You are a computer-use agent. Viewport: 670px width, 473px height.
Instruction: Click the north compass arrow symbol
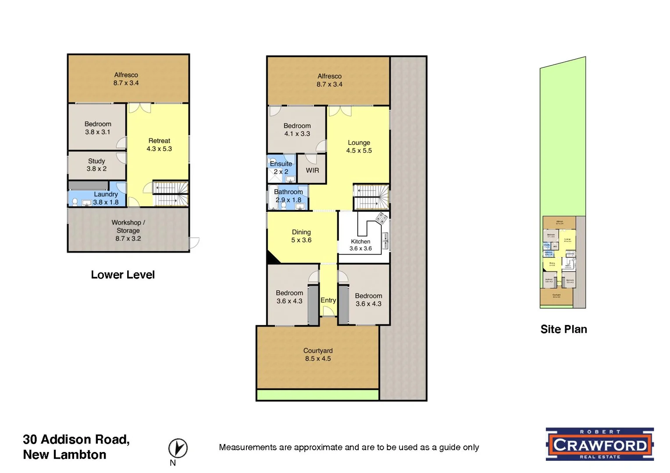[x=178, y=448]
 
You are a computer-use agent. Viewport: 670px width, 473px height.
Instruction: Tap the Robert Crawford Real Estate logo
[x=599, y=444]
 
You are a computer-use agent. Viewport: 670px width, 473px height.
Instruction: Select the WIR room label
[x=312, y=170]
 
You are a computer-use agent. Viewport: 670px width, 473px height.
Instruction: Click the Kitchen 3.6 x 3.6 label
[x=360, y=245]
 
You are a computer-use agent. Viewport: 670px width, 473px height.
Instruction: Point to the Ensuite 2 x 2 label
[x=281, y=167]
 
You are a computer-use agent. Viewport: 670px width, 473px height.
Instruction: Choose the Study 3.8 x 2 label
[x=96, y=165]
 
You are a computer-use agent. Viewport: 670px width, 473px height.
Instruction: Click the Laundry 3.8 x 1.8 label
[x=106, y=198]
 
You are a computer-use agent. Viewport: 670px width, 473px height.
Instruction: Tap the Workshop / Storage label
[x=128, y=230]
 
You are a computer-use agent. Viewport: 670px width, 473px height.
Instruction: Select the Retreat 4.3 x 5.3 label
[x=159, y=145]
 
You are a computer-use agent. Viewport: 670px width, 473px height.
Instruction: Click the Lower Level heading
[x=123, y=275]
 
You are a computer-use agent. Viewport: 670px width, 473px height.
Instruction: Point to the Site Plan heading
[x=563, y=329]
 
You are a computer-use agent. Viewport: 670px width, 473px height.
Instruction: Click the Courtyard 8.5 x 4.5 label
[x=318, y=354]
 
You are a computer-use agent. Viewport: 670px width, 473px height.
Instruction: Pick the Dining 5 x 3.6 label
[x=301, y=236]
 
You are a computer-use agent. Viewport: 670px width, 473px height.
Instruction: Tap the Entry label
[x=328, y=300]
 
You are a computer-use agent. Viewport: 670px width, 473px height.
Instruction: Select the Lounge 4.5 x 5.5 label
[x=359, y=146]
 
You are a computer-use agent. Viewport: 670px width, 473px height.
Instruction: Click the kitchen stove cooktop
[x=381, y=218]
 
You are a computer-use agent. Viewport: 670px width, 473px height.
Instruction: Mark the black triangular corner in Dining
[x=273, y=258]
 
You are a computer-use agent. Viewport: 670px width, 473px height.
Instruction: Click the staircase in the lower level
[x=171, y=194]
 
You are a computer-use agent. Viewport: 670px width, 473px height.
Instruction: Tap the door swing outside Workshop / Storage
[x=194, y=242]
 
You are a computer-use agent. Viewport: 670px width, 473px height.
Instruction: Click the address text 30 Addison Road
[x=76, y=439]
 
